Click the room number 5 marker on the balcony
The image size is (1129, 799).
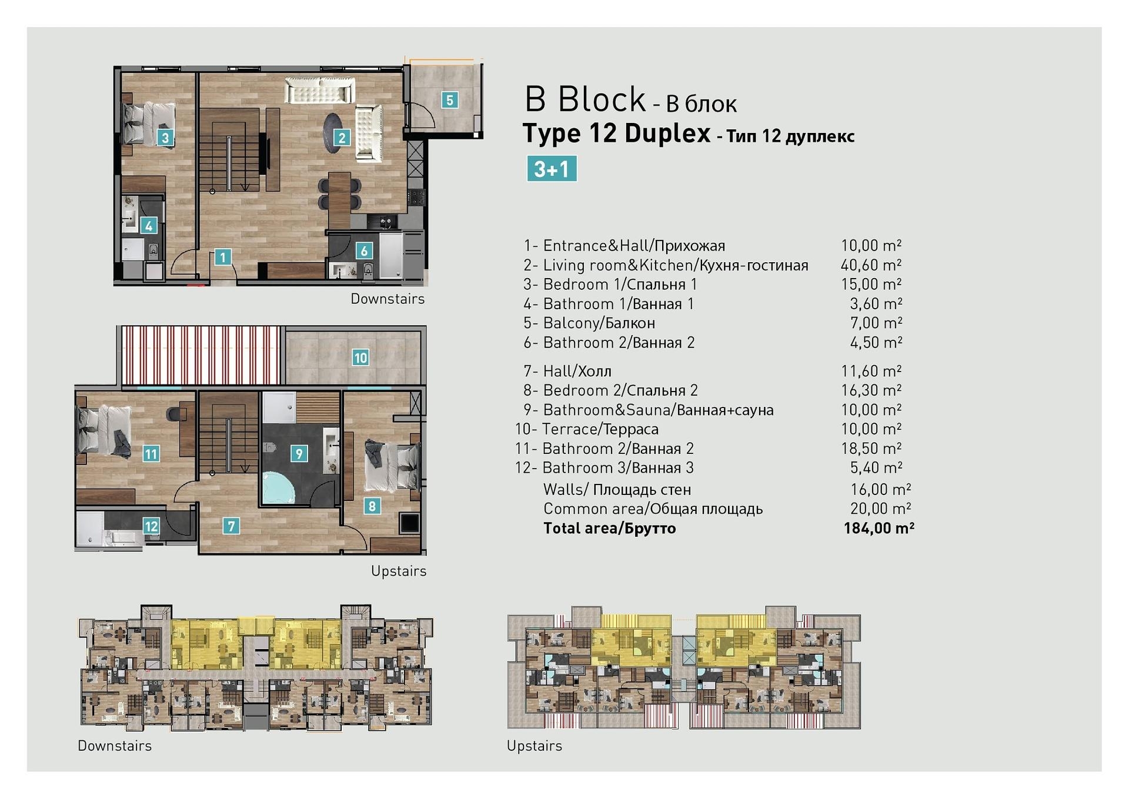tap(450, 100)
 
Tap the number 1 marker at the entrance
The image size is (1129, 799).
tap(222, 257)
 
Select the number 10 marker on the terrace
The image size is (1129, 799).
tap(360, 357)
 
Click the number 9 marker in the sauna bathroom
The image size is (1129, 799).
tap(299, 453)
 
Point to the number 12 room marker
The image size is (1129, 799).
tap(151, 526)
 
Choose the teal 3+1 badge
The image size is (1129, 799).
tap(552, 169)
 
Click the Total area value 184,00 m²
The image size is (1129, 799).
tap(879, 528)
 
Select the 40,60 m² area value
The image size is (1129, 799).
tap(871, 265)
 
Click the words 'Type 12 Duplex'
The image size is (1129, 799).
tap(616, 133)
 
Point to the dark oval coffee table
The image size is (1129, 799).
tap(333, 132)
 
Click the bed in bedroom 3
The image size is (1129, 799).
tap(148, 123)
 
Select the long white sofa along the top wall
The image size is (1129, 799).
tap(320, 90)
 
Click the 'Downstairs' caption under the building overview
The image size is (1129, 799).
tap(115, 745)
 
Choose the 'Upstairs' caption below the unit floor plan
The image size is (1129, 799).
tap(399, 571)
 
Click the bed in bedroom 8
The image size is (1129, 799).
tap(391, 465)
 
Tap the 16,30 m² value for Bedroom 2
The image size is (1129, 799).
tap(871, 390)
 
